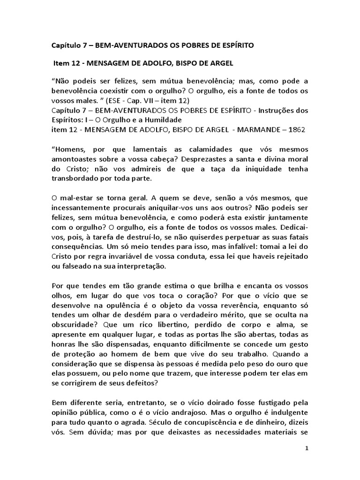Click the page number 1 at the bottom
pos(307,449)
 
